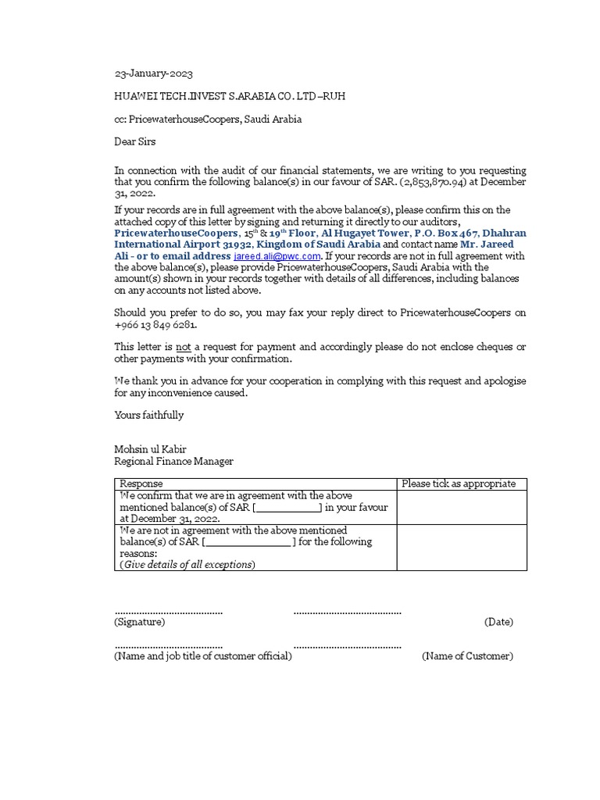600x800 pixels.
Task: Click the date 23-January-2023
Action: coord(153,74)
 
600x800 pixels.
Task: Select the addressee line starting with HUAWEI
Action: coord(230,97)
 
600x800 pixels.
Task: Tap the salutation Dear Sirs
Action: coord(135,141)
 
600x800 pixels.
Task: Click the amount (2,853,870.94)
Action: coord(440,182)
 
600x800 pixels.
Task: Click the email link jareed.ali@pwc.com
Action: coord(277,256)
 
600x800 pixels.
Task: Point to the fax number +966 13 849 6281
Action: coord(155,324)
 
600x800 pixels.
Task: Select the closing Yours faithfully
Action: coord(149,415)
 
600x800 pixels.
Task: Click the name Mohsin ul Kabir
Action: coord(151,449)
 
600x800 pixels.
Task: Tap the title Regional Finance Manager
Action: coord(174,461)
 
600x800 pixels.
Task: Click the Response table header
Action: coord(141,484)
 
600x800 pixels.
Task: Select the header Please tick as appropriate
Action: coord(459,484)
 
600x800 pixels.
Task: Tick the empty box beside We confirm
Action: coord(461,507)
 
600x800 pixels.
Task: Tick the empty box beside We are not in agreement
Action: coord(461,547)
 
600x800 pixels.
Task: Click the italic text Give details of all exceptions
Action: coord(187,564)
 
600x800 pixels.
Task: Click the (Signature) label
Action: coord(140,622)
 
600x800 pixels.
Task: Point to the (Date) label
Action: coord(498,622)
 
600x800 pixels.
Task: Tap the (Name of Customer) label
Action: coord(467,656)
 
